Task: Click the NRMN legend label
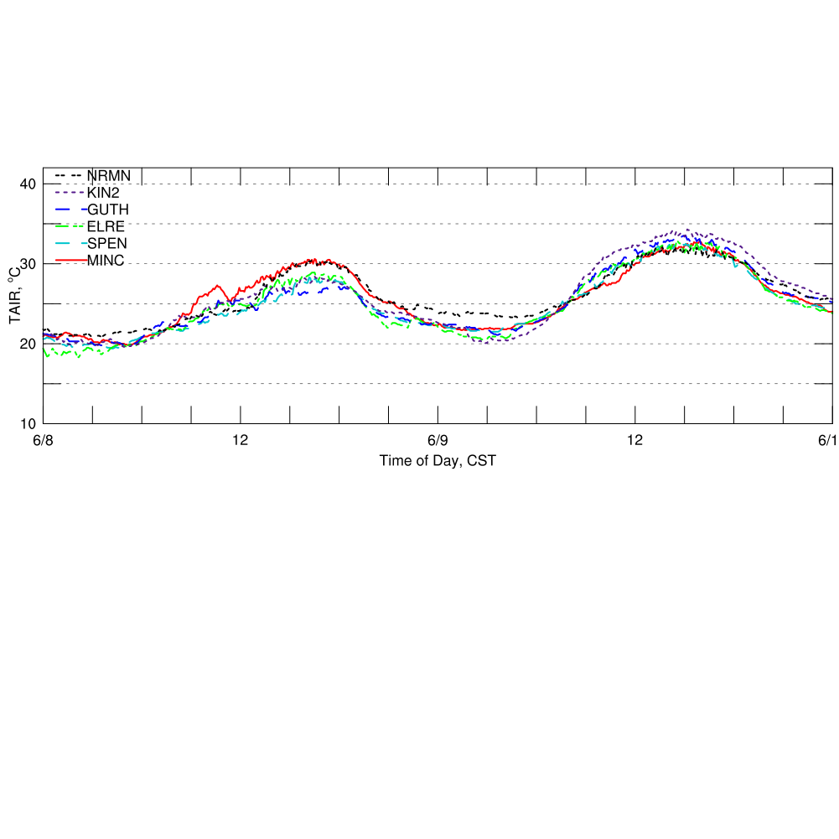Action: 109,175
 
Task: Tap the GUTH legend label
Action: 108,209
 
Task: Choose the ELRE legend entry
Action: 106,225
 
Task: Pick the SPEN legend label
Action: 107,242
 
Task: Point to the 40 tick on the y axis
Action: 28,184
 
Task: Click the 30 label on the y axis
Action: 28,264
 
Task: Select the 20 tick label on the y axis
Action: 28,344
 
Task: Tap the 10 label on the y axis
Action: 28,423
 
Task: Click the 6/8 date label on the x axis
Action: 43,441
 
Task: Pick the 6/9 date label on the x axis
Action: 438,441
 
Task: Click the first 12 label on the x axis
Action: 241,441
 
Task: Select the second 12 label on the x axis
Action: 635,441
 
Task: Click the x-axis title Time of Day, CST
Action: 432,460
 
